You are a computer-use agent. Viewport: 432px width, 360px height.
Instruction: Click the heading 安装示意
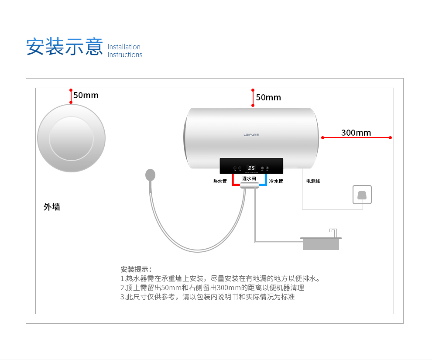pyautogui.click(x=64, y=47)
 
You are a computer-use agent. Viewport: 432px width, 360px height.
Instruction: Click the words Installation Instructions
pyautogui.click(x=125, y=51)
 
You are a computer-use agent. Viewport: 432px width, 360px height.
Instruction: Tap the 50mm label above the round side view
pyautogui.click(x=86, y=95)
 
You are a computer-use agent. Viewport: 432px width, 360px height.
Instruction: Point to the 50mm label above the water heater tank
pyautogui.click(x=268, y=97)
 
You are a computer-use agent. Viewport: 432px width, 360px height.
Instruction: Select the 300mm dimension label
pyautogui.click(x=356, y=133)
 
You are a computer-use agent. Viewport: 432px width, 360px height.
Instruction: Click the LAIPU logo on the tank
pyautogui.click(x=251, y=135)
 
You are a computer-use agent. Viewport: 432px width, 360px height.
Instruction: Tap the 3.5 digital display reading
pyautogui.click(x=251, y=168)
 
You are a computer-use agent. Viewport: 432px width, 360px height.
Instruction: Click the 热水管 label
pyautogui.click(x=220, y=181)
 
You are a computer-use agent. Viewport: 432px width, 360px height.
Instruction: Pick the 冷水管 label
pyautogui.click(x=276, y=181)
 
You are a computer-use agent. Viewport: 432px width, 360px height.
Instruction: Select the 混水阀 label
pyautogui.click(x=249, y=178)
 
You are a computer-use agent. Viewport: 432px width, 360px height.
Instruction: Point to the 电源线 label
pyautogui.click(x=313, y=181)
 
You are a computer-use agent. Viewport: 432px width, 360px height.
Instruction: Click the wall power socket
pyautogui.click(x=362, y=195)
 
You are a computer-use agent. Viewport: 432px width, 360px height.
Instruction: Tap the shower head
pyautogui.click(x=150, y=175)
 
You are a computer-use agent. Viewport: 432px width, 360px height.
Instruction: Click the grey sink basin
pyautogui.click(x=321, y=244)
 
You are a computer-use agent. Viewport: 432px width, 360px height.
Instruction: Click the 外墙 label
pyautogui.click(x=52, y=207)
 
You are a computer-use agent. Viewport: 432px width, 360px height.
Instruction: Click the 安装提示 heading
pyautogui.click(x=136, y=269)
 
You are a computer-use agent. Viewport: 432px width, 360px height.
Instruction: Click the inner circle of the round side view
pyautogui.click(x=71, y=138)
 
